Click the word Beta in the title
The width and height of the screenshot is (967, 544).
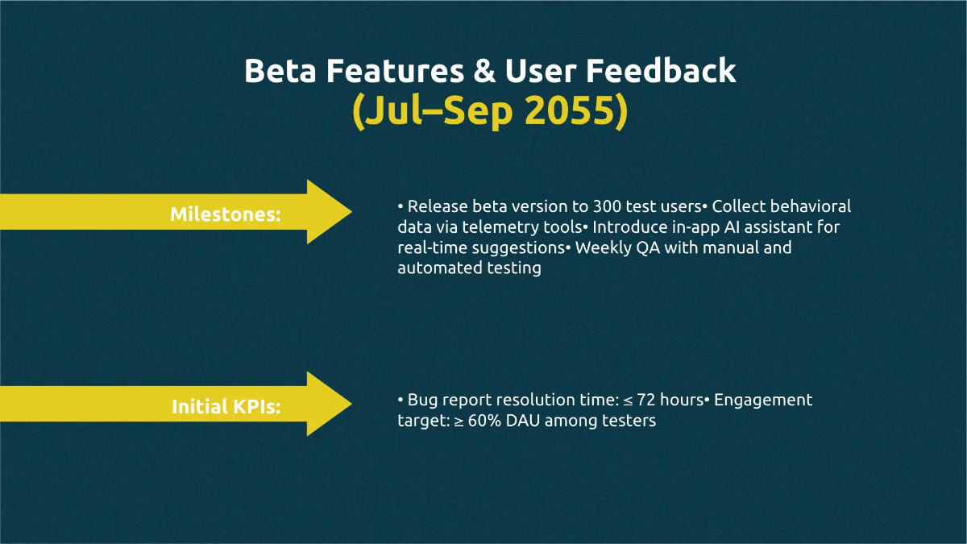click(x=280, y=70)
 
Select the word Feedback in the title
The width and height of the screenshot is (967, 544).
click(x=661, y=70)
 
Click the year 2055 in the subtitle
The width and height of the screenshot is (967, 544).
click(x=570, y=110)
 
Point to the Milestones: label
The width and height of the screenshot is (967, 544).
click(x=226, y=214)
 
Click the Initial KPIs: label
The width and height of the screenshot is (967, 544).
click(x=226, y=406)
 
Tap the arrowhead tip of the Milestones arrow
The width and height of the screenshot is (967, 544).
click(x=352, y=211)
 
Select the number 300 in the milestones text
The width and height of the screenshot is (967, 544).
click(x=607, y=206)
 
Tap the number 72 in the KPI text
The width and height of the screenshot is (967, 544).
click(x=645, y=400)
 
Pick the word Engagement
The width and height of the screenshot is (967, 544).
click(x=763, y=401)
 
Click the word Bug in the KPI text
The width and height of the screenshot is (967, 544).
click(x=422, y=401)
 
